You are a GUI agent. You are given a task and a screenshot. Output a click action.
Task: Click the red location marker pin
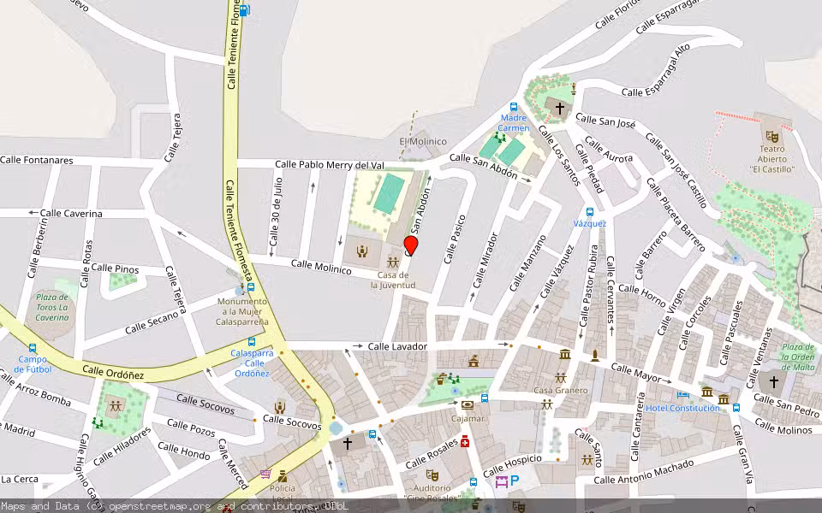point(411,245)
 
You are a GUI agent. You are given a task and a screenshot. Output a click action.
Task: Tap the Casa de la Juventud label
point(393,280)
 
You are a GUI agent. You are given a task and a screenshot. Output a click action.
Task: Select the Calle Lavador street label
point(397,346)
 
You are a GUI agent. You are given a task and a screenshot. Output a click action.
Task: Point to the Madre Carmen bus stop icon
point(514,107)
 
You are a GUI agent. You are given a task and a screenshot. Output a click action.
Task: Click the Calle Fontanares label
point(37,160)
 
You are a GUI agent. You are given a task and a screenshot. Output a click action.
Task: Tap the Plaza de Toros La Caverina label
point(52,307)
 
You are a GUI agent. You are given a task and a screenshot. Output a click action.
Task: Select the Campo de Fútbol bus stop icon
point(33,348)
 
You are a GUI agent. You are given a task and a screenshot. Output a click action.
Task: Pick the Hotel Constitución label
point(682,408)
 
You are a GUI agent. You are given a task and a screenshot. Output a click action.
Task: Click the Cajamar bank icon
point(468,405)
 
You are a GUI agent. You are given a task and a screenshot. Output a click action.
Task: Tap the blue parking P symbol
point(515,481)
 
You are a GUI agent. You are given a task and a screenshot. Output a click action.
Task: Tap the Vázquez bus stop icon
point(590,212)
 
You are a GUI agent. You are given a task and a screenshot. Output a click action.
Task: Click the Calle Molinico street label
point(321,267)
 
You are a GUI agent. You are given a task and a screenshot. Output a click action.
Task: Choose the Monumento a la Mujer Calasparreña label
point(242,311)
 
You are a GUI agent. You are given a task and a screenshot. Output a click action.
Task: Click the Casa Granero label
point(561,391)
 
